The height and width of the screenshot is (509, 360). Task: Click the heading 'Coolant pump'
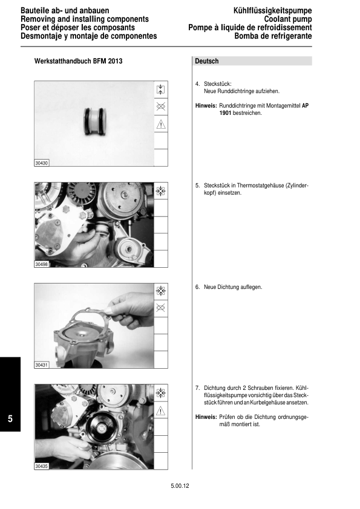click(x=288, y=19)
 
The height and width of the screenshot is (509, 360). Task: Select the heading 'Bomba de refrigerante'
click(x=273, y=36)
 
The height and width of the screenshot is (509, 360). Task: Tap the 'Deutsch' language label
click(x=207, y=62)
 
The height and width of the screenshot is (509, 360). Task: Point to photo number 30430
click(x=42, y=163)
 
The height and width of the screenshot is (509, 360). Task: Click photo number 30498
click(x=42, y=264)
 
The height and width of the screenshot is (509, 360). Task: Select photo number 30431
click(x=42, y=365)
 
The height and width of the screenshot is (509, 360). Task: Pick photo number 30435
click(x=42, y=467)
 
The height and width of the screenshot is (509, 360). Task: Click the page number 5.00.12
click(x=180, y=485)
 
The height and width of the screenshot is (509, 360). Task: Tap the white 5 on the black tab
click(x=10, y=419)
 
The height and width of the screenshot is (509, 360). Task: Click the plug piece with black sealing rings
click(x=94, y=121)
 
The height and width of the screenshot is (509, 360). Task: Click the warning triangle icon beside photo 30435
click(x=161, y=410)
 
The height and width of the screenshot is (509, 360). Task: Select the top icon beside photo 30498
click(x=161, y=191)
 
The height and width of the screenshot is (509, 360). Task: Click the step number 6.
click(x=197, y=287)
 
